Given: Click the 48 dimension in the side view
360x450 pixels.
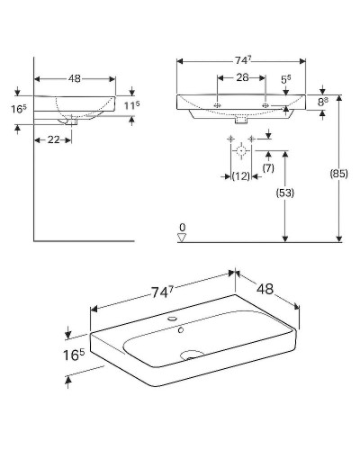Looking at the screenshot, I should pyautogui.click(x=75, y=78).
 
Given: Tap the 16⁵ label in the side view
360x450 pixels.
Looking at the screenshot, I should pyautogui.click(x=17, y=110).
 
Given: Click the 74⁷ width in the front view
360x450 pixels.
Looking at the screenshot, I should pyautogui.click(x=242, y=60).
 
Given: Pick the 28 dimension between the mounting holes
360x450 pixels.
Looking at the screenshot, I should pyautogui.click(x=241, y=79).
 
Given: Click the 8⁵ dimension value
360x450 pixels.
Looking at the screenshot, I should pyautogui.click(x=325, y=103).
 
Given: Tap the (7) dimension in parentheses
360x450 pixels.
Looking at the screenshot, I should pyautogui.click(x=267, y=168).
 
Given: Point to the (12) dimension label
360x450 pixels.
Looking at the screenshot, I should pyautogui.click(x=240, y=176).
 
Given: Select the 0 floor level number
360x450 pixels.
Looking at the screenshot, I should pyautogui.click(x=182, y=227).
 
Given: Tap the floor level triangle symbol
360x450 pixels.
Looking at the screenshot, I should pyautogui.click(x=182, y=238).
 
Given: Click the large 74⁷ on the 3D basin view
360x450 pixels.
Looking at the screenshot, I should pyautogui.click(x=161, y=292).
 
